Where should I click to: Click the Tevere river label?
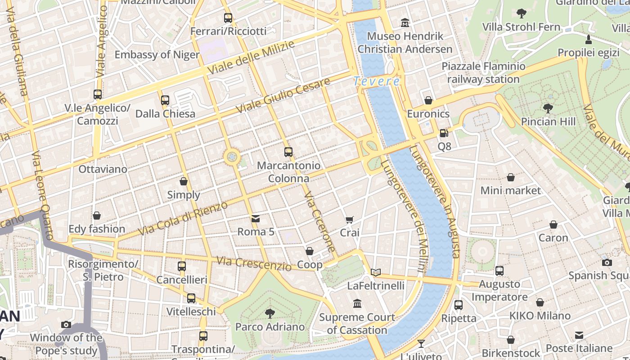point(376,81)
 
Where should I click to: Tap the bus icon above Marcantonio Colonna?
point(288,152)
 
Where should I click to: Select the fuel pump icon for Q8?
point(444,133)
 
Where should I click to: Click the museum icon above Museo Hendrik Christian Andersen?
point(405,22)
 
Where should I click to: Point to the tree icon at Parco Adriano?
point(270,313)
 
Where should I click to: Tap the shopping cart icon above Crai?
point(350,220)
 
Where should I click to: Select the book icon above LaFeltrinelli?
point(376,272)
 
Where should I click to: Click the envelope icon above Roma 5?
point(256,219)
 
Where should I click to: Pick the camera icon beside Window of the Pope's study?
point(66,324)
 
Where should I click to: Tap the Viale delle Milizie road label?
point(251,58)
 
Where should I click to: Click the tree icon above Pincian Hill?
point(548,108)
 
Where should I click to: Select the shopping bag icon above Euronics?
point(428,100)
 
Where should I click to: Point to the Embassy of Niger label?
point(157,55)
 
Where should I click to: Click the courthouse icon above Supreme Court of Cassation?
point(357,304)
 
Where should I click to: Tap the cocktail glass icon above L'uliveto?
point(421,344)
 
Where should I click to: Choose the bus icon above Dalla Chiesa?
point(165,100)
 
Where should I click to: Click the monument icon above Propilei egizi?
point(588,40)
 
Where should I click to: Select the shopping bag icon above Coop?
point(310,251)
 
